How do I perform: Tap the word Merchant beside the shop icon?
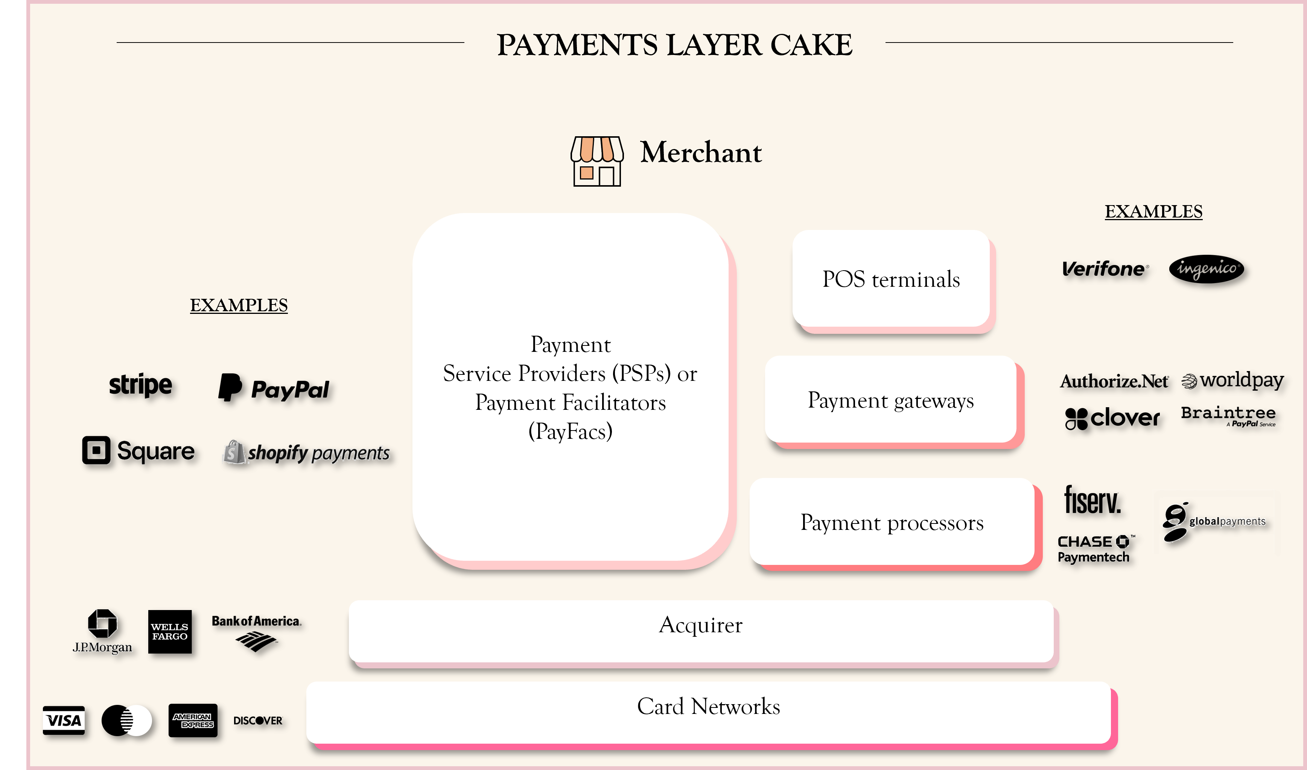click(700, 152)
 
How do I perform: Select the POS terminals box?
click(891, 279)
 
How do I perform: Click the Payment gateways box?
click(890, 400)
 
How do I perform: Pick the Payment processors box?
click(892, 522)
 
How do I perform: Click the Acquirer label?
click(700, 625)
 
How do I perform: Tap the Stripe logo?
click(140, 385)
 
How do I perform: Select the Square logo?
click(138, 450)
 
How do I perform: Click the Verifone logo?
click(1105, 269)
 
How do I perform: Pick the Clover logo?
click(1112, 418)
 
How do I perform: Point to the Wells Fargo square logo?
click(170, 632)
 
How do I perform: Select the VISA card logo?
click(63, 720)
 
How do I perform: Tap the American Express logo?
click(193, 720)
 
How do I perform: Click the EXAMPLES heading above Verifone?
click(1153, 211)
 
